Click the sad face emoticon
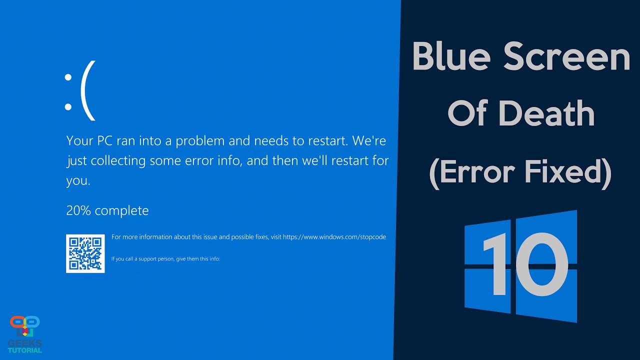pos(79,90)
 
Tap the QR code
pos(85,253)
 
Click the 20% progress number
pos(78,210)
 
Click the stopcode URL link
pos(334,237)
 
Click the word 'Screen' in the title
pos(566,57)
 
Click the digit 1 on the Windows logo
pos(495,265)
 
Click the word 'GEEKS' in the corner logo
pos(25,343)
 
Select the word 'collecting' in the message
pos(110,161)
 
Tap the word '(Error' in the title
pos(472,171)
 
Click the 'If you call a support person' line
pos(165,259)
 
